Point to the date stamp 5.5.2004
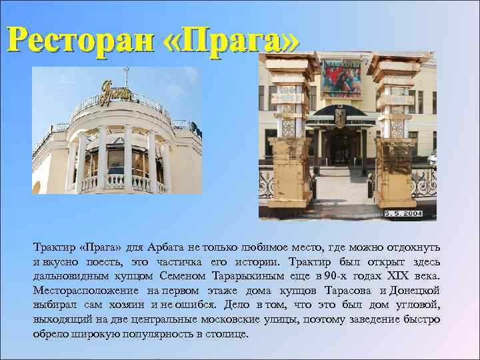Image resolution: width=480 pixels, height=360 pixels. coord(403,214)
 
